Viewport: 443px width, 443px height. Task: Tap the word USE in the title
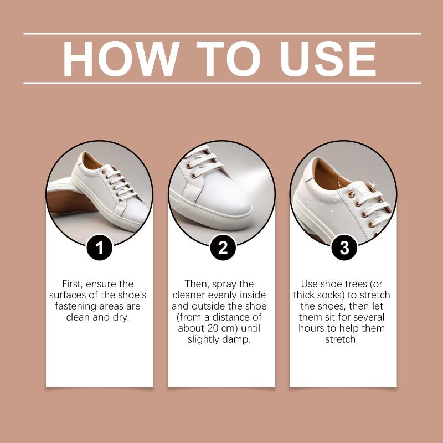point(328,59)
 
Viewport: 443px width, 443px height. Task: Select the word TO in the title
point(228,59)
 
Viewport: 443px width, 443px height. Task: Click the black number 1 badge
point(100,248)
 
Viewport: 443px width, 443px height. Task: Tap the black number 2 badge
point(223,248)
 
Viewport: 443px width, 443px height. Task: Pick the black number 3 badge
point(344,248)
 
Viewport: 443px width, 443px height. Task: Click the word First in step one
point(73,284)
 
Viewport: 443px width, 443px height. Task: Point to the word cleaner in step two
point(189,295)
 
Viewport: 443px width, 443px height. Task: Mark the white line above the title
point(222,34)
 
